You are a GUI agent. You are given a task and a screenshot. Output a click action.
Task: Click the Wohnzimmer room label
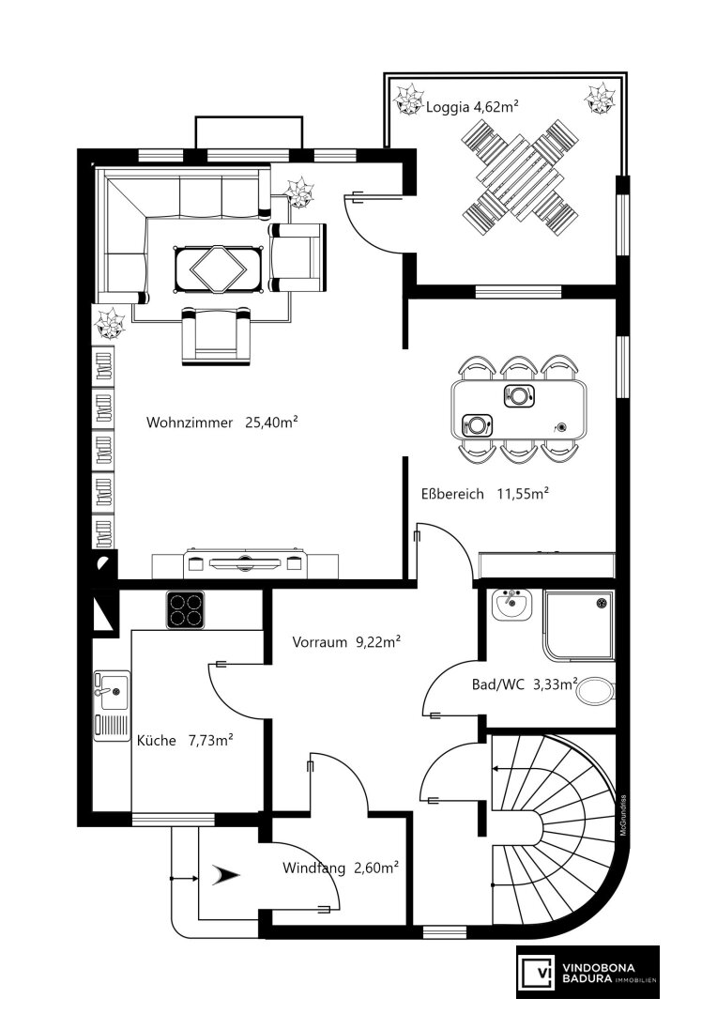click(190, 422)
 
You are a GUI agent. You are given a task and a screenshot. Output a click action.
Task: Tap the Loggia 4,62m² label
click(473, 107)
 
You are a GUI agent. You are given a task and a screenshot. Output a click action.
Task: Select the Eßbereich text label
click(452, 494)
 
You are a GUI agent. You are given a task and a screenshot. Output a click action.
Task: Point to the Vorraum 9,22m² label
click(346, 642)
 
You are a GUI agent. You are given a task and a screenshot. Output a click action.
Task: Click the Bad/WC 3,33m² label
click(525, 684)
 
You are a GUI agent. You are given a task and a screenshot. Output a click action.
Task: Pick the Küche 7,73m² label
click(185, 740)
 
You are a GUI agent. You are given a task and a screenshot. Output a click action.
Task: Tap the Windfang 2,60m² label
click(340, 868)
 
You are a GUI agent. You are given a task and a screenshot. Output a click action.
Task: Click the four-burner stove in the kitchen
click(185, 609)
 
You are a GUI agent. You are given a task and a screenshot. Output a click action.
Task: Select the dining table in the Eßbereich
click(519, 409)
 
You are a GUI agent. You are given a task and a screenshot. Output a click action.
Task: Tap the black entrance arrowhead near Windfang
click(225, 876)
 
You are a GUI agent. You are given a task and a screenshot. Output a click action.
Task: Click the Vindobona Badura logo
click(587, 972)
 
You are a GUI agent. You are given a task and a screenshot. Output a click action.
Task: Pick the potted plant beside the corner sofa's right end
click(300, 192)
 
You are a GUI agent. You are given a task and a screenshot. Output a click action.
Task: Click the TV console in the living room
click(244, 563)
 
